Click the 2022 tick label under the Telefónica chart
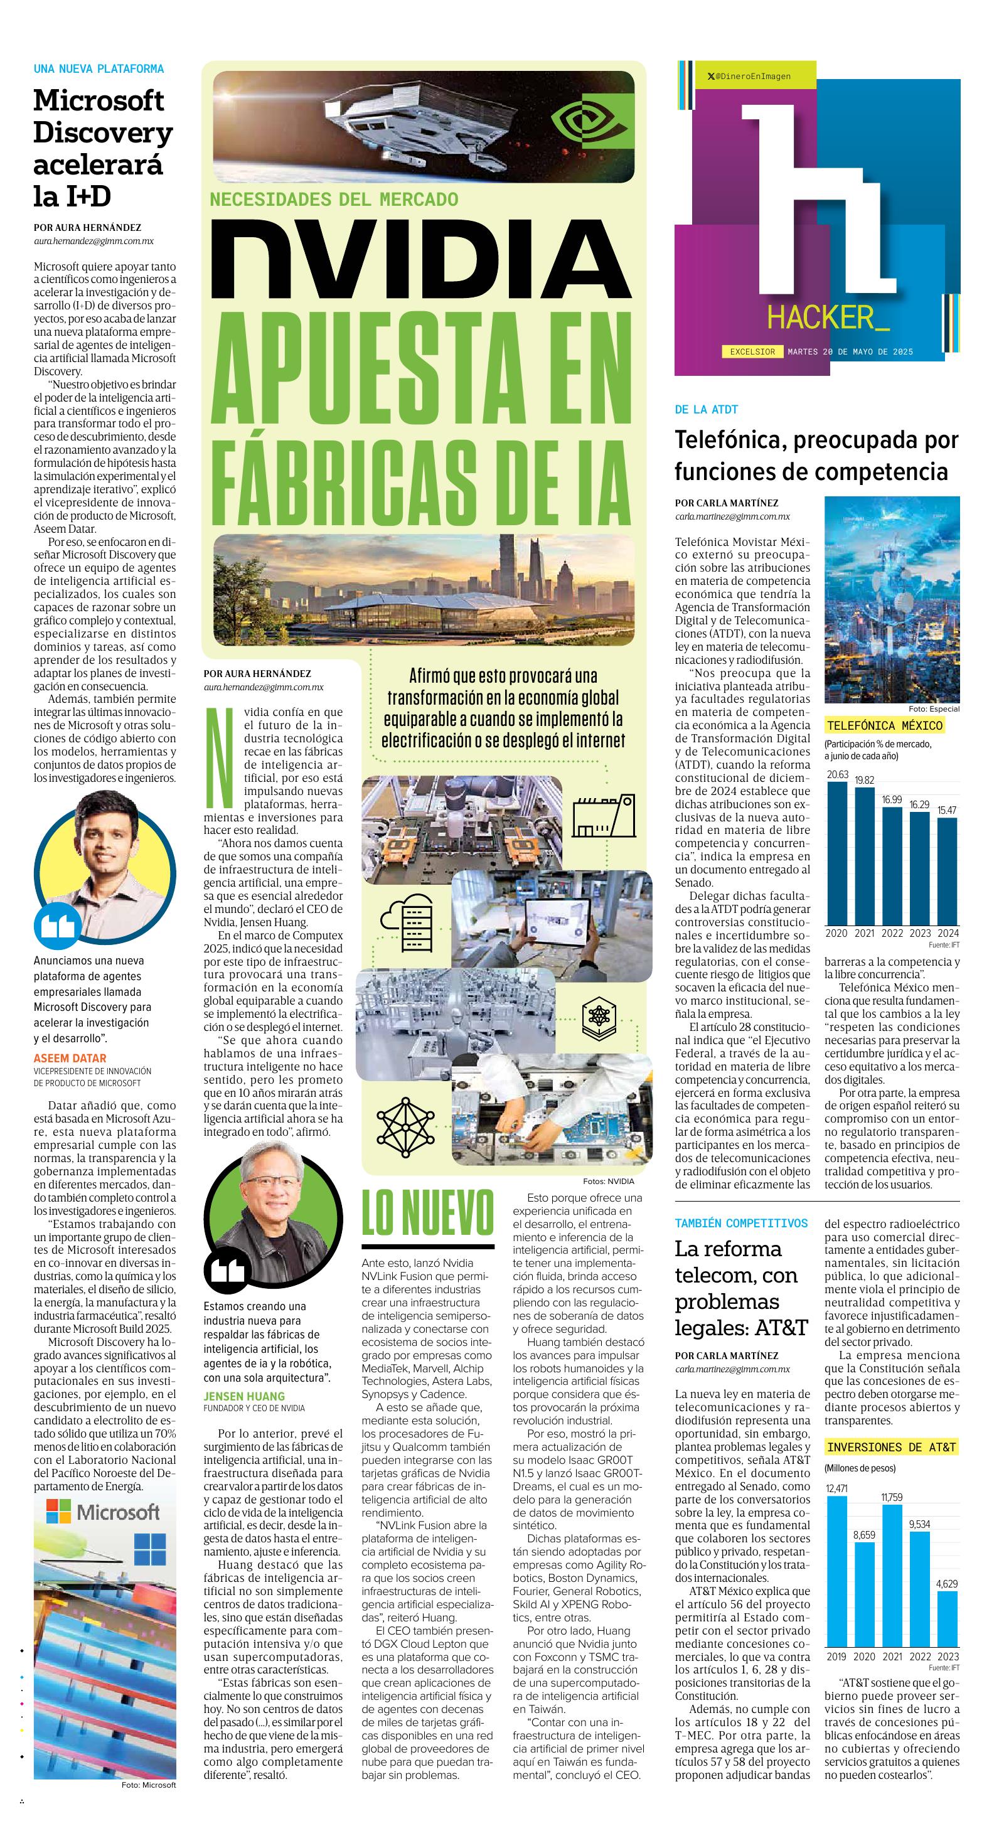coord(892,933)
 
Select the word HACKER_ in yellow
coord(828,317)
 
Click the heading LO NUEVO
coord(427,1214)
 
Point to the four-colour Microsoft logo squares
coord(59,1512)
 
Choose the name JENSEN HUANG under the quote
coord(243,1396)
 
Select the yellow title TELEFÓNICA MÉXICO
coord(884,725)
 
